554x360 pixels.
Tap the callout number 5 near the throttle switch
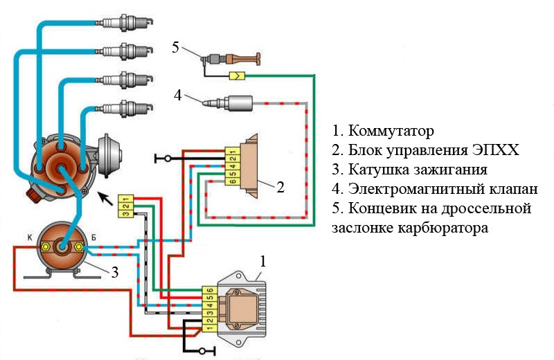tap(176, 47)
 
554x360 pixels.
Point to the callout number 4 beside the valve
tap(178, 95)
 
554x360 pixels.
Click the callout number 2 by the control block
tap(280, 187)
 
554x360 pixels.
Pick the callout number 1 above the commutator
tap(263, 261)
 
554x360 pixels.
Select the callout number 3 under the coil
tap(115, 272)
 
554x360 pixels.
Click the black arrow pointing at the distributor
tap(106, 199)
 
